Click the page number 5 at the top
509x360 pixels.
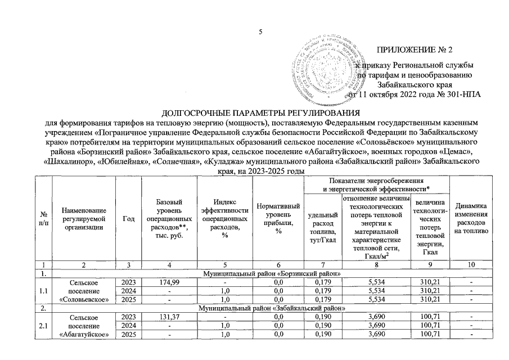260,31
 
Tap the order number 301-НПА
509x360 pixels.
462,94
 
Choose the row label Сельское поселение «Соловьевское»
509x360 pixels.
83,290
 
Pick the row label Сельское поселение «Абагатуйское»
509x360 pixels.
83,327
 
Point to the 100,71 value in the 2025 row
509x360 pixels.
429,336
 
